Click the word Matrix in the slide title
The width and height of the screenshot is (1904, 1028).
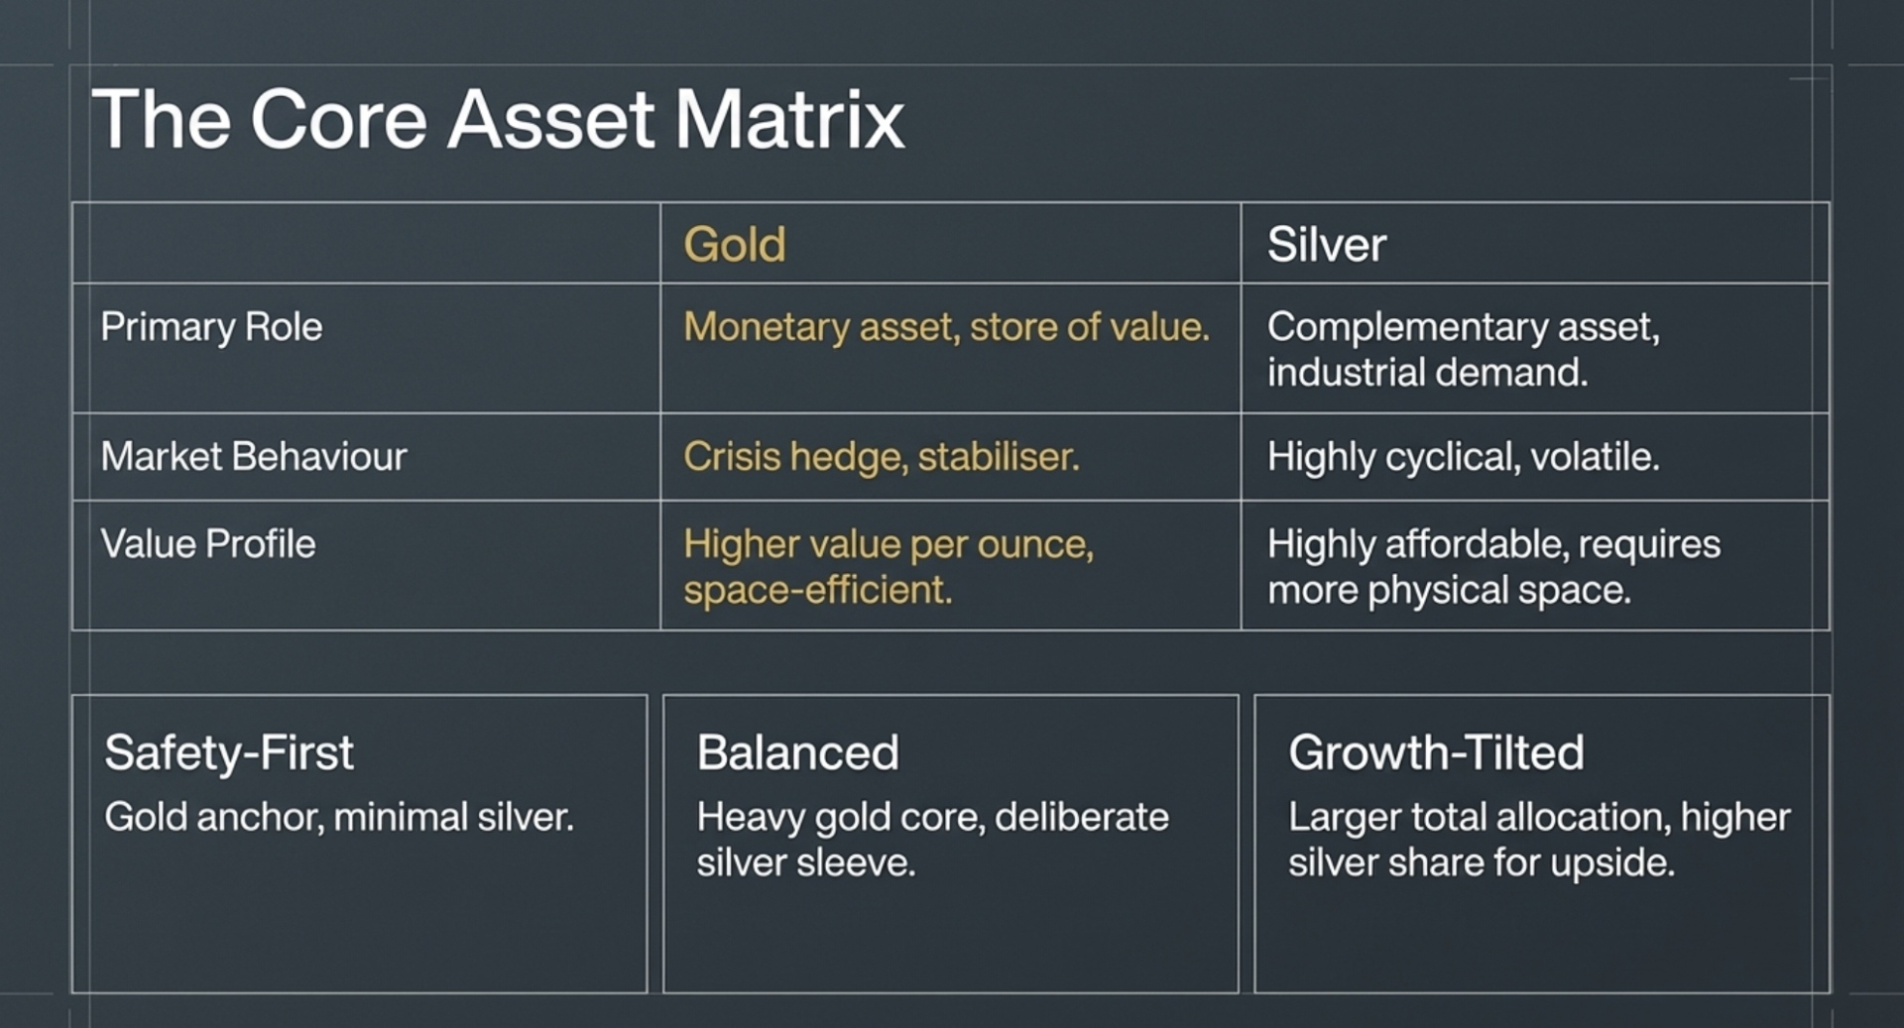click(789, 120)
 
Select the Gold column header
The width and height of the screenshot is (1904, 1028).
click(734, 245)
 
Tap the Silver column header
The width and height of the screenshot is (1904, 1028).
click(1326, 245)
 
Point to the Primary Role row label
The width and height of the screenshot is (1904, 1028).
click(211, 327)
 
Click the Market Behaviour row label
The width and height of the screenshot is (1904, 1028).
click(254, 457)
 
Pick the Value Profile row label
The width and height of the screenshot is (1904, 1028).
click(208, 544)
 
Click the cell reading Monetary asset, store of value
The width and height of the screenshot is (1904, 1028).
click(946, 327)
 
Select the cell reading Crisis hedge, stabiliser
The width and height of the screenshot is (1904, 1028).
click(881, 457)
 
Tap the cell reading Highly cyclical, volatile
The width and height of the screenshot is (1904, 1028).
click(1463, 457)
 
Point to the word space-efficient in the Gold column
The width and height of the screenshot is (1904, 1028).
click(817, 590)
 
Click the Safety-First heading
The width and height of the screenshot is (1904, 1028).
click(229, 752)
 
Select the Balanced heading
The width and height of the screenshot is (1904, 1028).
click(797, 752)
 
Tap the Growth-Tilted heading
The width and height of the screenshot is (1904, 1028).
click(1436, 752)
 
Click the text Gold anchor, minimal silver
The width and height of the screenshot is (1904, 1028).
click(339, 817)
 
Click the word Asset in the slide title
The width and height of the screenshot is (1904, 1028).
click(550, 120)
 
